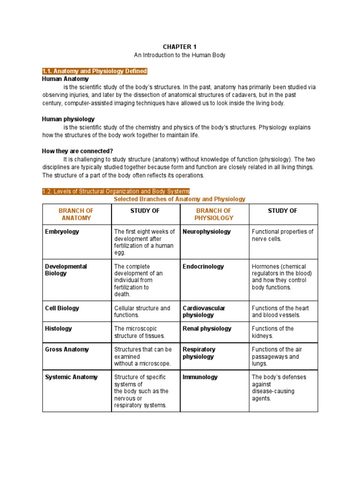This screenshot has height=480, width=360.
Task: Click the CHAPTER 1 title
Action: (x=180, y=46)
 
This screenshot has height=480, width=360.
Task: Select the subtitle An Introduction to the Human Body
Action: (x=180, y=55)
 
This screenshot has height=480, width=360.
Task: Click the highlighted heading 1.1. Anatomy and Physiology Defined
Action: (x=95, y=71)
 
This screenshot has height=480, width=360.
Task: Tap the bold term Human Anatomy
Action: (x=65, y=79)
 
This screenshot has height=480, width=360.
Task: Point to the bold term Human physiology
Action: (x=68, y=120)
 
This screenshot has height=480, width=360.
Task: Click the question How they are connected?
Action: (x=77, y=151)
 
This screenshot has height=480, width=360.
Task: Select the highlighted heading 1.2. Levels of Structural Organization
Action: (x=116, y=191)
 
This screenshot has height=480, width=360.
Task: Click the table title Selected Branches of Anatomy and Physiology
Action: (x=180, y=199)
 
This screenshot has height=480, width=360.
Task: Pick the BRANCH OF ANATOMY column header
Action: (x=76, y=214)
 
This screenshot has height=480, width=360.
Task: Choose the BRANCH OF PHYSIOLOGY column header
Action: (x=214, y=214)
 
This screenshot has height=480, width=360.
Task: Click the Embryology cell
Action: (x=62, y=232)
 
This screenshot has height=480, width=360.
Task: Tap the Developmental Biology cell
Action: (x=66, y=270)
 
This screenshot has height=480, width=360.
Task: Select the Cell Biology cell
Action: (x=62, y=308)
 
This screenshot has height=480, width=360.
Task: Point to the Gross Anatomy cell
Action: (x=67, y=349)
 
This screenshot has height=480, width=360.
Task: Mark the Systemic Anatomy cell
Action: (x=71, y=377)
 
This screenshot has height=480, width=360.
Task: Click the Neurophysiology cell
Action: (x=207, y=232)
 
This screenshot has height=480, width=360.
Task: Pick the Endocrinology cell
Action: (x=203, y=266)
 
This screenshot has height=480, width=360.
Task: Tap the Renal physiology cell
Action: (x=207, y=329)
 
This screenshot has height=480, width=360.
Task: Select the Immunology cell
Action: (x=200, y=377)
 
